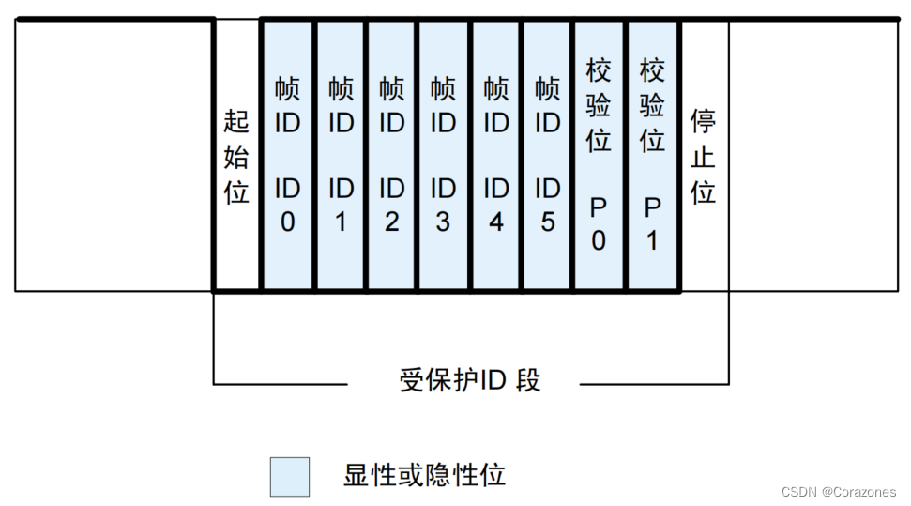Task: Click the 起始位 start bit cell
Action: [236, 156]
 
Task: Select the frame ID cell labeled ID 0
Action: [288, 156]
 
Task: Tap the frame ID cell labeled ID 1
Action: [341, 156]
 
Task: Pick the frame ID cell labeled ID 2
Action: [391, 156]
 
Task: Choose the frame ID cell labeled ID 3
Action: [443, 156]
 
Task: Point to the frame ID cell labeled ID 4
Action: [495, 156]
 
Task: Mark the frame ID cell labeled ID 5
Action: [547, 156]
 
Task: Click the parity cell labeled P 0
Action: [599, 156]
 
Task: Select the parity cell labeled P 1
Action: [652, 156]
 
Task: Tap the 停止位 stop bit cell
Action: [704, 156]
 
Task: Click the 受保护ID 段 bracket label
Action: [470, 381]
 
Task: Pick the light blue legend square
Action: [289, 477]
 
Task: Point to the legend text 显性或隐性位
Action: [424, 475]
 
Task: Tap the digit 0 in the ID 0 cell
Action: [288, 223]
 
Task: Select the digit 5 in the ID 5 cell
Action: [547, 223]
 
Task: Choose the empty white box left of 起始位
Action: [114, 156]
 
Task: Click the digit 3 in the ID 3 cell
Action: [443, 223]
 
